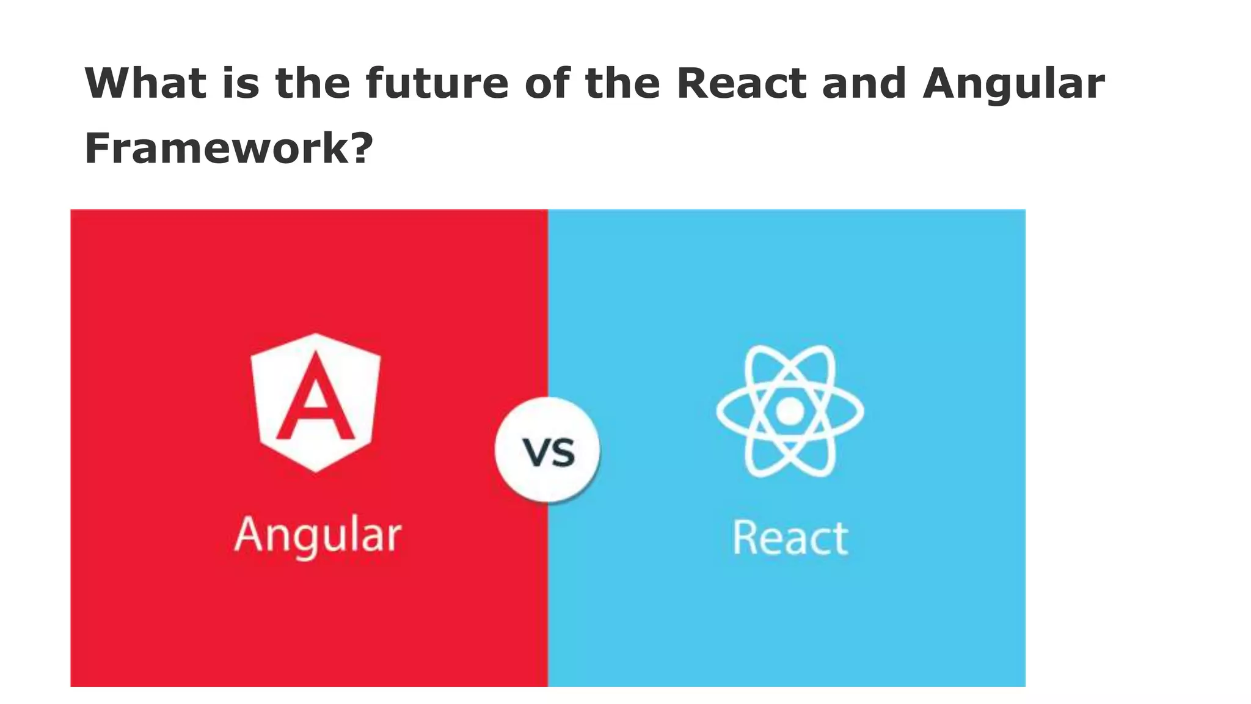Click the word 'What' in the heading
(145, 83)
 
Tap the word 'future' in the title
(437, 83)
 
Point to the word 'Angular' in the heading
(1013, 84)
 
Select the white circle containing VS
(548, 450)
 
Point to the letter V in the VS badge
(535, 453)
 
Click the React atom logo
(790, 411)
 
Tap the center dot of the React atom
(790, 411)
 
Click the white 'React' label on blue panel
(790, 538)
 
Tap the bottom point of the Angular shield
(316, 469)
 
